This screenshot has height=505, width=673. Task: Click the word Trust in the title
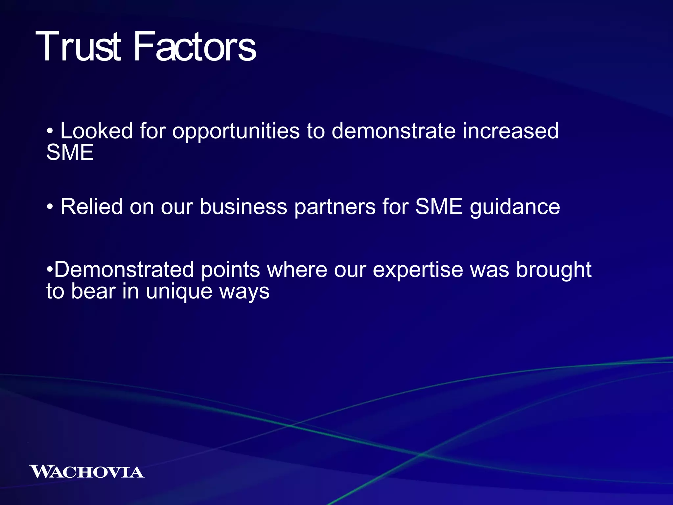[78, 47]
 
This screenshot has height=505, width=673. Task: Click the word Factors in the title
[195, 47]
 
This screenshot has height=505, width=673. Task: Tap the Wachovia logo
[87, 471]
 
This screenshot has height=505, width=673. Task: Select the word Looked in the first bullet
[96, 131]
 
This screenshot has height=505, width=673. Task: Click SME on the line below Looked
[70, 152]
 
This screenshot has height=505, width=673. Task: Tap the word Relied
[91, 207]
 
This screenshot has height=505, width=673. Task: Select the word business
[243, 207]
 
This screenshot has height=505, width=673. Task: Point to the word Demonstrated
[124, 270]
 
